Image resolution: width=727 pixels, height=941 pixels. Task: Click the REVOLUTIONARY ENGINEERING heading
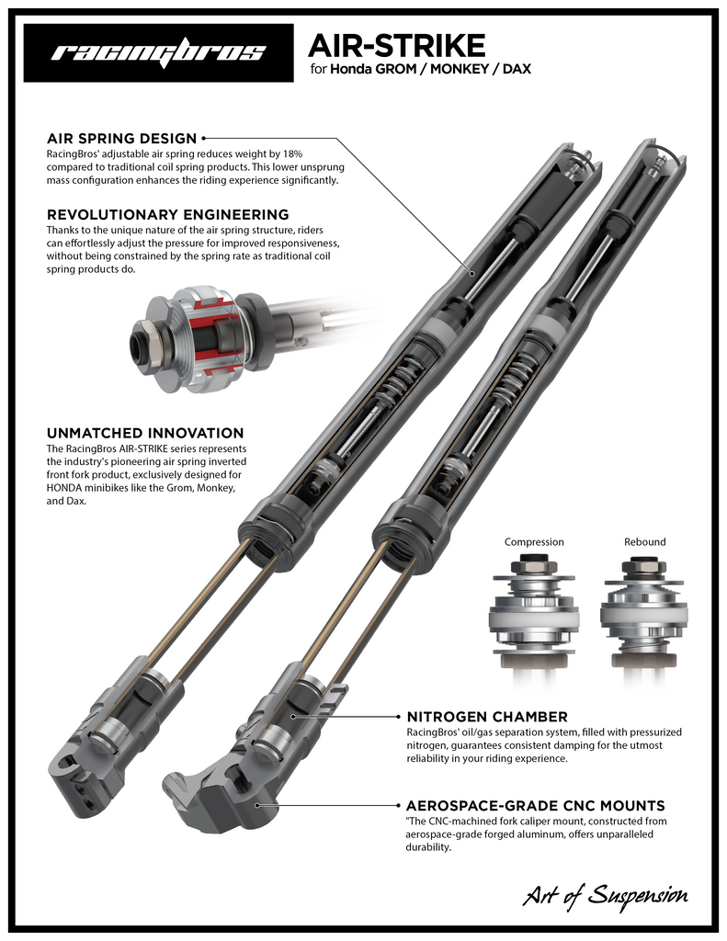(x=167, y=214)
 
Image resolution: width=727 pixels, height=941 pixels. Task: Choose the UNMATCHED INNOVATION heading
(x=144, y=432)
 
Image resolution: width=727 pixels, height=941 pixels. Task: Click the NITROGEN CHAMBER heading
(x=487, y=716)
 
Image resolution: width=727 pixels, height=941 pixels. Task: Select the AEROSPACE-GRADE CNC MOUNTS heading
(x=535, y=805)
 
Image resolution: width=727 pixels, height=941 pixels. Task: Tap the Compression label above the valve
(x=534, y=541)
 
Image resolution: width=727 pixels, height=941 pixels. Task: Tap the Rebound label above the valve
(x=644, y=541)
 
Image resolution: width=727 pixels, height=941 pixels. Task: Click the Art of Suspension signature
(x=605, y=893)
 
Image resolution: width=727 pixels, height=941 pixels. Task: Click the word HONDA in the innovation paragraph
(x=68, y=489)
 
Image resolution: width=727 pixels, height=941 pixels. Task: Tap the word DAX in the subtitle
(x=516, y=69)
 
